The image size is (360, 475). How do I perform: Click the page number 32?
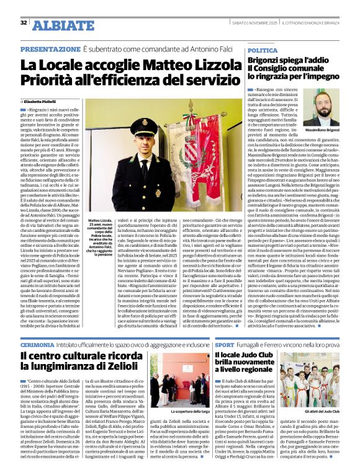(x=24, y=23)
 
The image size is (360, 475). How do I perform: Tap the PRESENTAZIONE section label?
(x=50, y=48)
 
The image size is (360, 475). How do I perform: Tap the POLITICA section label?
(x=263, y=50)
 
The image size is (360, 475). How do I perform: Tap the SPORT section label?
(x=225, y=344)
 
